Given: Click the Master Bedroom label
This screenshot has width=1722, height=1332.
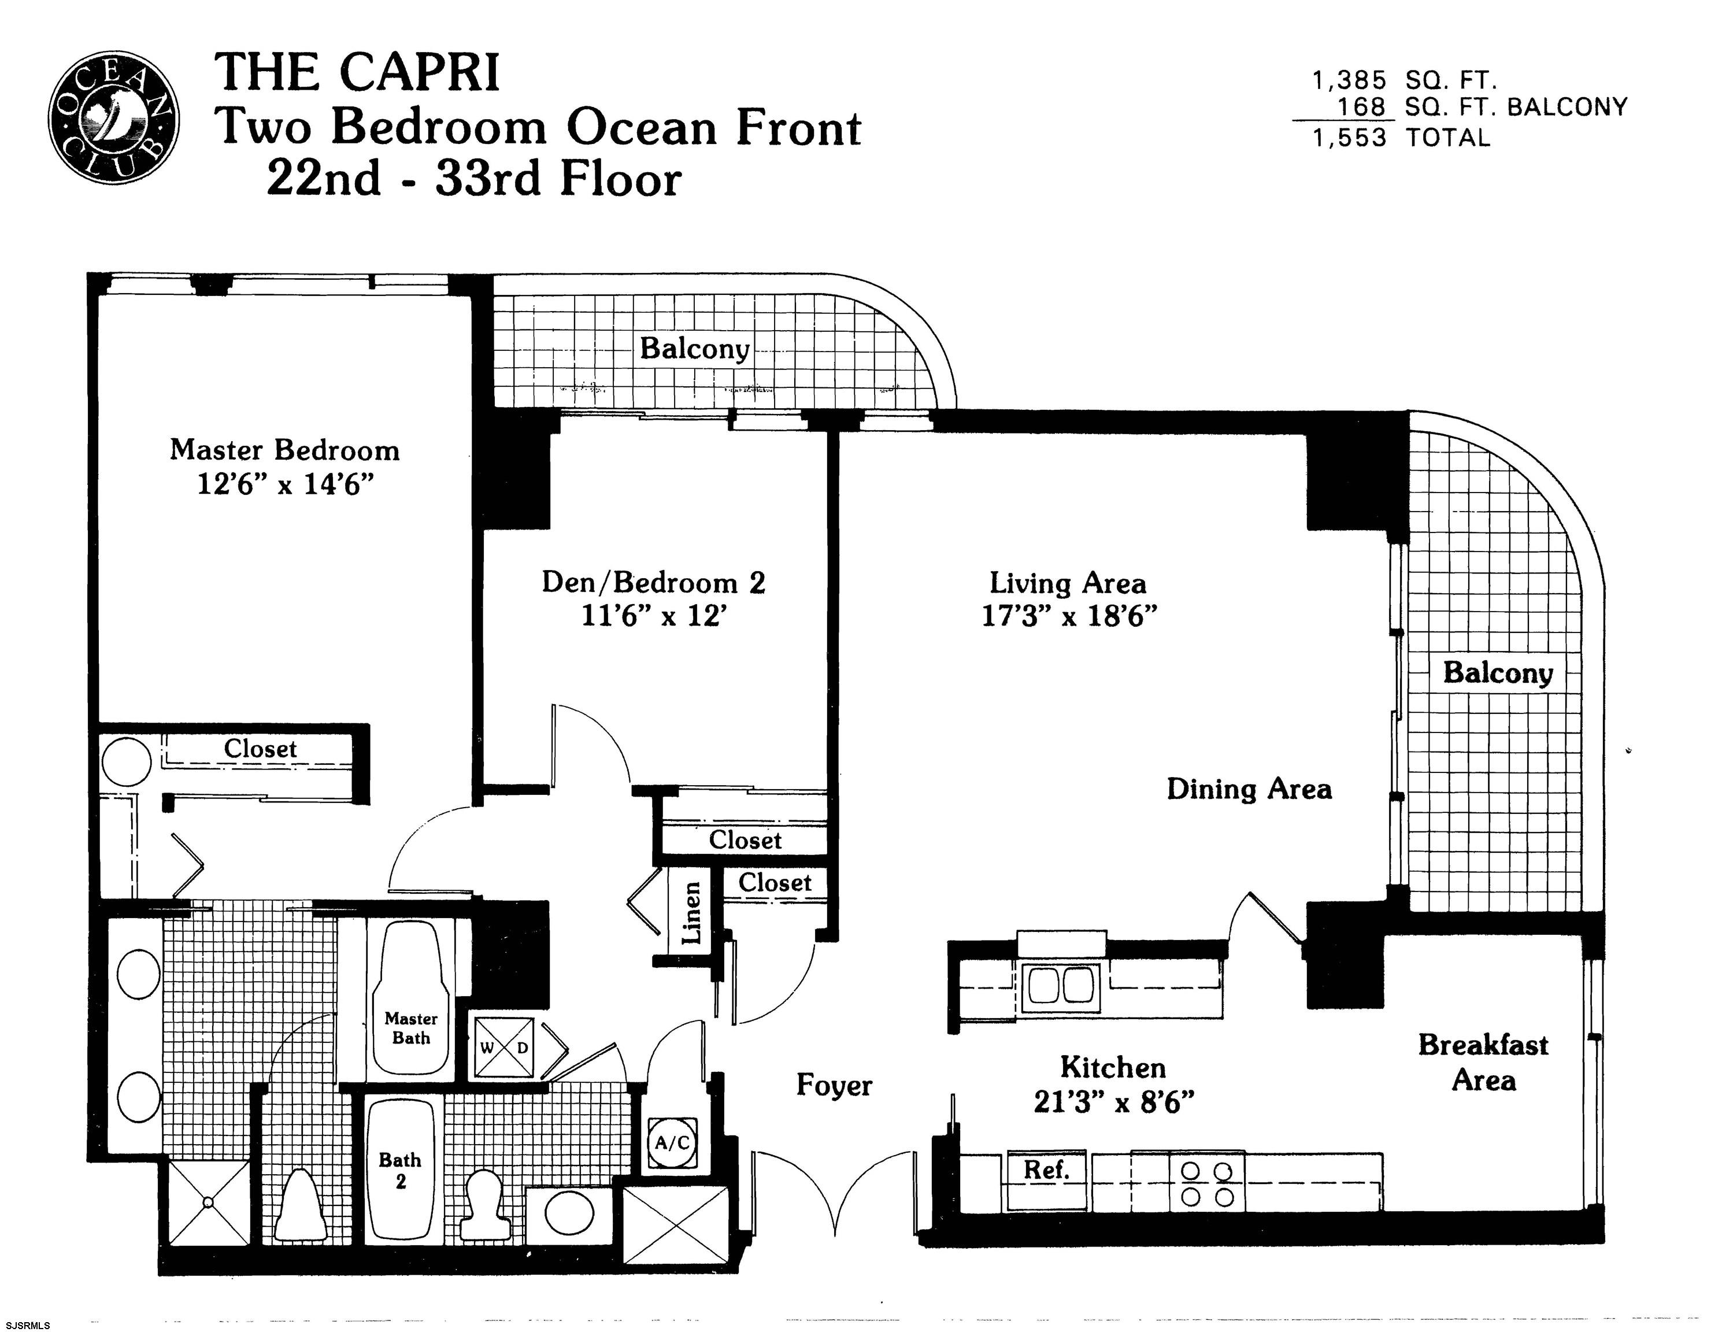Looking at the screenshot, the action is tap(284, 450).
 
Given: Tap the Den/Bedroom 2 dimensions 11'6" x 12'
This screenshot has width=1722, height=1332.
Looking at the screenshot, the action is tap(653, 616).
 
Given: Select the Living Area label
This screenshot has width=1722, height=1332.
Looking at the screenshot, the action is tap(1068, 583).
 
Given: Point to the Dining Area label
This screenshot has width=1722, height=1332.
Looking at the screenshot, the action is tap(1249, 789).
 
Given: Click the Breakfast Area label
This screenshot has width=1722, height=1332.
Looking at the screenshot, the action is tap(1483, 1062).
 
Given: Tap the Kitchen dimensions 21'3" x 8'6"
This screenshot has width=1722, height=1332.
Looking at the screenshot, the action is tap(1113, 1102).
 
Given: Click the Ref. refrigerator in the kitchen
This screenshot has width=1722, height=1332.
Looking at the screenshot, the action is tap(1046, 1181).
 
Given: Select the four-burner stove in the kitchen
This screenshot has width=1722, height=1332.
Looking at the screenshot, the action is tap(1206, 1182).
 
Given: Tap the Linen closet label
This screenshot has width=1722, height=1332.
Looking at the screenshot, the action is tap(691, 912).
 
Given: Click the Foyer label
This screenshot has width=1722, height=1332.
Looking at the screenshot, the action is tap(834, 1086).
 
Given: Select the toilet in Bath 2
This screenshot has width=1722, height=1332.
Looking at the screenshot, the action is tap(483, 1204).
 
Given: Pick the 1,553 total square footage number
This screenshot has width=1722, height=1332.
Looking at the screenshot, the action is tap(1349, 138).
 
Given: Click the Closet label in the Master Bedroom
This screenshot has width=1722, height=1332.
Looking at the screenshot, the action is tap(260, 749).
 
